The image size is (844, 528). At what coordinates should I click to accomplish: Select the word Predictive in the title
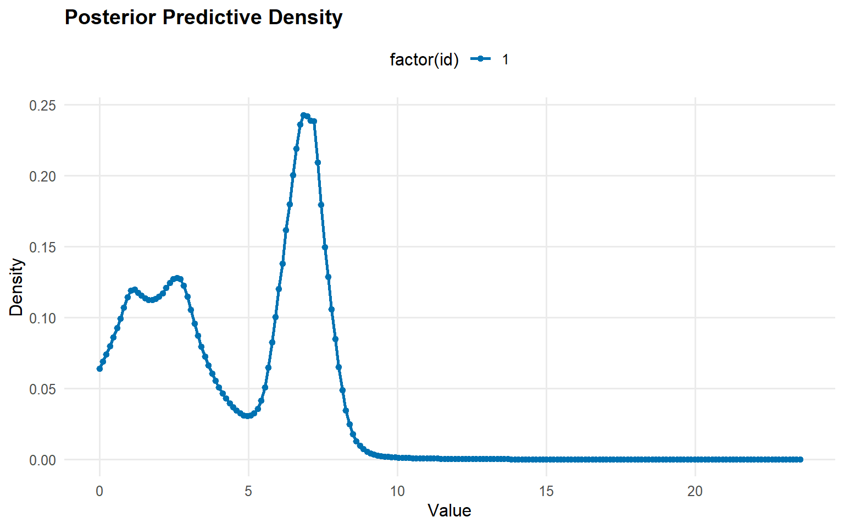(215, 18)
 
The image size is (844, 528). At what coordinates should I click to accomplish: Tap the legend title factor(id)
(424, 59)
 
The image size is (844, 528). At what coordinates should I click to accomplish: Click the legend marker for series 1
(481, 59)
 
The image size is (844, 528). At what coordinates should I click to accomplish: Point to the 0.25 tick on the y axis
(43, 106)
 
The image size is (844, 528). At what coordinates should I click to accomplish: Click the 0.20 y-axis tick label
(43, 177)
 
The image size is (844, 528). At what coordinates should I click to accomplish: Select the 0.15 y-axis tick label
(43, 248)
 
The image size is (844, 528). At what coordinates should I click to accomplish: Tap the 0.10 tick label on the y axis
(43, 318)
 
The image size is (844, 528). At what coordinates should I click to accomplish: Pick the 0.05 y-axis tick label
(43, 389)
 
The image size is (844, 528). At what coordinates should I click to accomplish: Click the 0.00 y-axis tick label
(43, 460)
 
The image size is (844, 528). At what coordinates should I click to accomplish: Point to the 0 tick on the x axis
(99, 491)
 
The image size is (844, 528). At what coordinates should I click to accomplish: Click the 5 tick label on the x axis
(248, 491)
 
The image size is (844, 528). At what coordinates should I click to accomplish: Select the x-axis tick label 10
(397, 491)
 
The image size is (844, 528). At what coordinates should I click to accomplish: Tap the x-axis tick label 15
(546, 491)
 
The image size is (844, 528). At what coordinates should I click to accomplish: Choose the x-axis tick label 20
(695, 491)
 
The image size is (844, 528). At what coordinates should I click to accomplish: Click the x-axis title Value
(449, 511)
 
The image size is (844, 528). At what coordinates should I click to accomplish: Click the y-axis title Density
(17, 287)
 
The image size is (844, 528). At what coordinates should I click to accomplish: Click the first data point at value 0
(99, 369)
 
